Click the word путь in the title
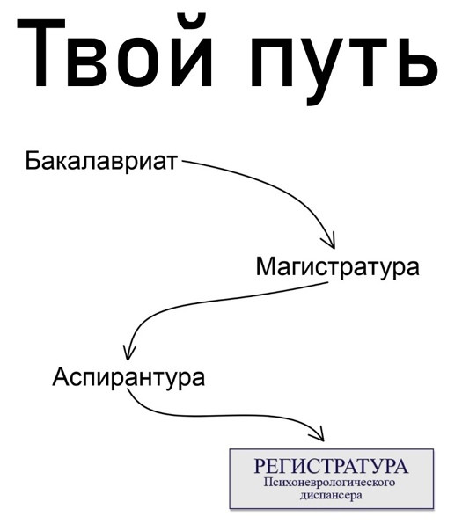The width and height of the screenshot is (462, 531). coord(344,64)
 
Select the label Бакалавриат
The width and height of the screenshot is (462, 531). coord(101,161)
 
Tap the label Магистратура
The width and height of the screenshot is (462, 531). coord(338,267)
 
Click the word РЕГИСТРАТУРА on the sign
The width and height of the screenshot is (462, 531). coord(331,466)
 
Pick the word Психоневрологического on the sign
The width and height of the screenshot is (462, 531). coord(329,483)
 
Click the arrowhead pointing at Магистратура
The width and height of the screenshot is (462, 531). coord(329,242)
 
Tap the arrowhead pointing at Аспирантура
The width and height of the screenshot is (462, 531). coord(128,353)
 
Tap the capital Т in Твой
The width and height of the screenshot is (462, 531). coord(40,54)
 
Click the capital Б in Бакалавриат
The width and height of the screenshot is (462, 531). coord(33,161)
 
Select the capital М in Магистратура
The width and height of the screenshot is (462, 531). coord(267,267)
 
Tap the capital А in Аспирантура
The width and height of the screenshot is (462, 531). coord(62,376)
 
